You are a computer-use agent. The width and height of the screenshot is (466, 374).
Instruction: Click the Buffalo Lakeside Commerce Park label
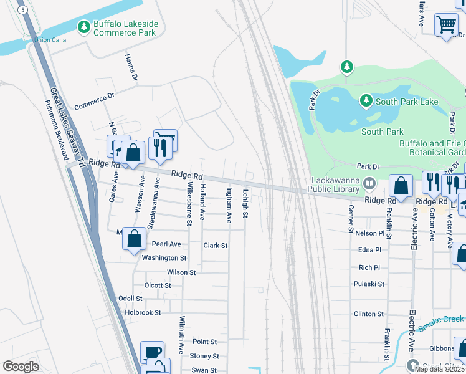125,27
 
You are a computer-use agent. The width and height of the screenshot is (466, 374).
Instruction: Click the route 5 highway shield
23,10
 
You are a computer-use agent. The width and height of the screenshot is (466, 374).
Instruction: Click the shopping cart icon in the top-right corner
446,26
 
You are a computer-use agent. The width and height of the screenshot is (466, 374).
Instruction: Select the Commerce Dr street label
95,102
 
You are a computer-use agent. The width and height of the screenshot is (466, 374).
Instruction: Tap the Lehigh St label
245,204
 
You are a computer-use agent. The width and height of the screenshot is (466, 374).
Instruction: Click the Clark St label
216,246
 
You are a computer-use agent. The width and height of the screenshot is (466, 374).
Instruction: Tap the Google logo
21,367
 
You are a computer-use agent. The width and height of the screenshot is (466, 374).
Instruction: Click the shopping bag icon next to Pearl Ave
134,239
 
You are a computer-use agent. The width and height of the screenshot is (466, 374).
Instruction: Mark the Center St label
351,218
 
